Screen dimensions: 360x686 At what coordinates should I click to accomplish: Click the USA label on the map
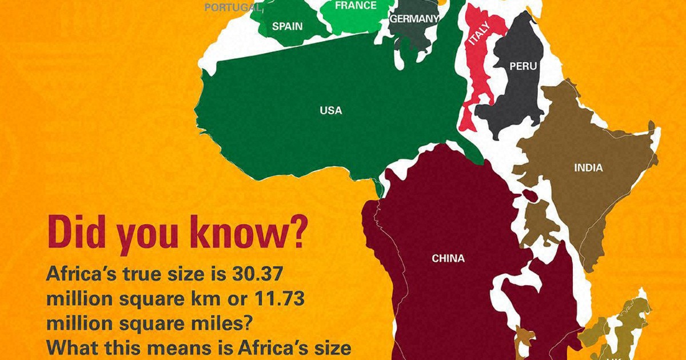(x=331, y=110)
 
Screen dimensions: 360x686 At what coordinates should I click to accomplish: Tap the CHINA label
(x=448, y=259)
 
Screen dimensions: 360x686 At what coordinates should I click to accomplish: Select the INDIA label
(x=588, y=168)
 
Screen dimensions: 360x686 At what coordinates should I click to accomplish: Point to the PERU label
(x=523, y=66)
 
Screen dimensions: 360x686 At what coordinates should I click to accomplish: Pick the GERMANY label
(x=414, y=19)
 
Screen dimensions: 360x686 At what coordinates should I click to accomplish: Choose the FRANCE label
(x=356, y=6)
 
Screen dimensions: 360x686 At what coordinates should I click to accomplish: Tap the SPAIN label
(x=288, y=26)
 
